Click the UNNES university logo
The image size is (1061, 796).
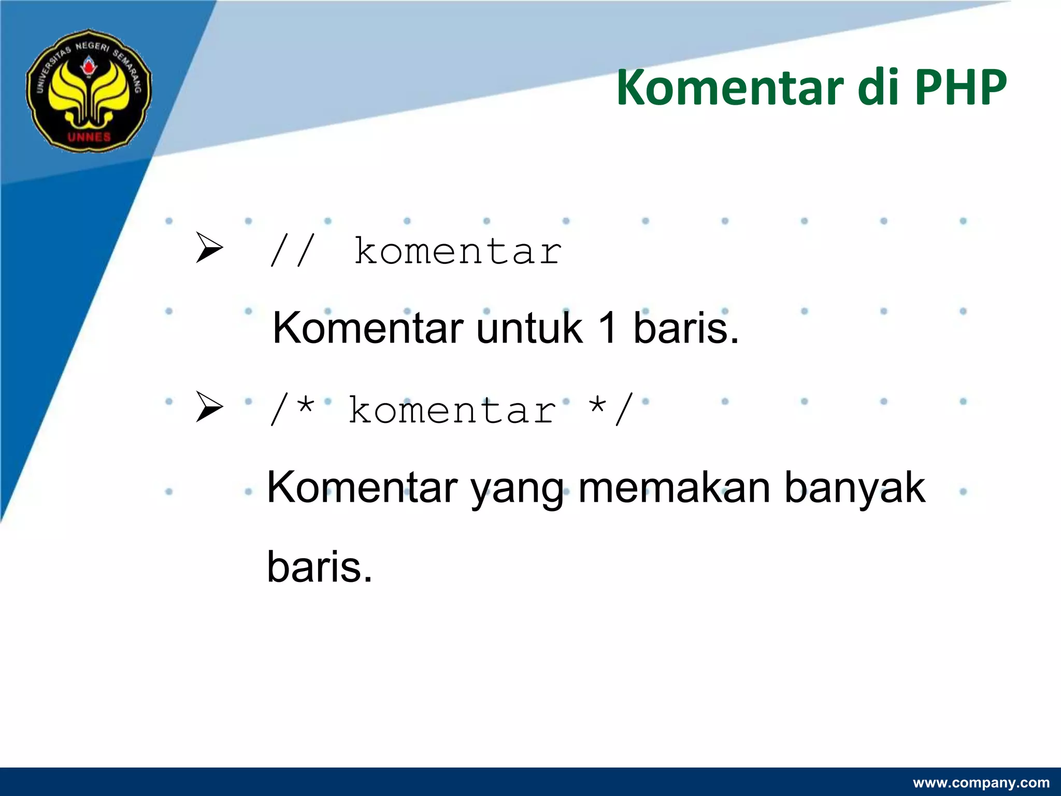pos(89,91)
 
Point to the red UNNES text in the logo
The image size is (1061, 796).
pos(89,137)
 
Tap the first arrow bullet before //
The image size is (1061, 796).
pos(209,248)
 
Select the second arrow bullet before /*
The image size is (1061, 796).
pos(209,407)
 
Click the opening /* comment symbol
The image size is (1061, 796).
pos(292,410)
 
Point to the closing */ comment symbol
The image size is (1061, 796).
pos(611,410)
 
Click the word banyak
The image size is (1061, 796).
pos(854,488)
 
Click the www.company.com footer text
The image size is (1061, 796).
pos(981,783)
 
